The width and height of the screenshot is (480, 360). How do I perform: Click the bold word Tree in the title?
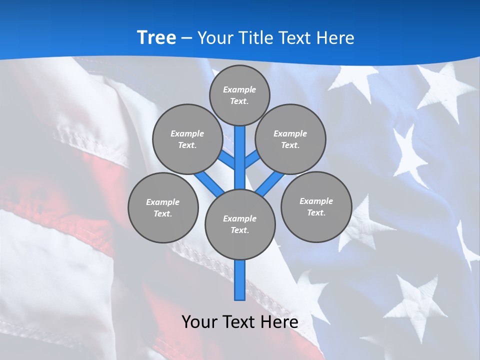(x=156, y=38)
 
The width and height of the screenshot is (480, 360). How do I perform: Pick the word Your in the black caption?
(x=200, y=321)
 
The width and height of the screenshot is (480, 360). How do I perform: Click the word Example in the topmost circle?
(x=239, y=89)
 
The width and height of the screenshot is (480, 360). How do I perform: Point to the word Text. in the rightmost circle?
(x=316, y=212)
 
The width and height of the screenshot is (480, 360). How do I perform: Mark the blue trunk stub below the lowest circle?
(x=240, y=280)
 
